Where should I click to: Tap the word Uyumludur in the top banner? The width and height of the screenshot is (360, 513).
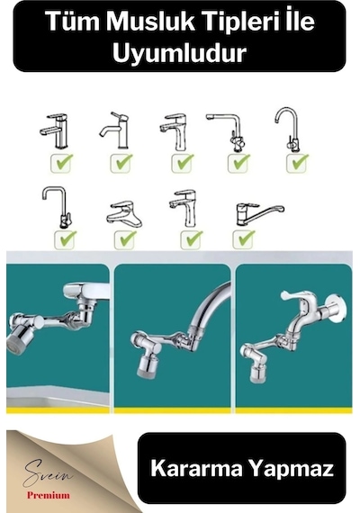click(x=179, y=53)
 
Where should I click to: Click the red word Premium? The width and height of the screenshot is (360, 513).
click(x=49, y=495)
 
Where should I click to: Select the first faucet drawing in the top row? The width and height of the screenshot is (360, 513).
click(x=54, y=130)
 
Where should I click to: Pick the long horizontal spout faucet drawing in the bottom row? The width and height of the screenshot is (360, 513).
click(x=259, y=213)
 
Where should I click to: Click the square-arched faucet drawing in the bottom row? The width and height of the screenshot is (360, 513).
click(x=57, y=207)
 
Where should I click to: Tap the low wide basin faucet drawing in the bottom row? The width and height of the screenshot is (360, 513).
click(x=124, y=214)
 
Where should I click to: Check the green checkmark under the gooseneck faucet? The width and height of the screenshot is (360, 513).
click(x=298, y=163)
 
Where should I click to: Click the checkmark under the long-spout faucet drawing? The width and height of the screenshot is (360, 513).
click(x=244, y=238)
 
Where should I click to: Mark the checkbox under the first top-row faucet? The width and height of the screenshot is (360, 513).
click(x=62, y=163)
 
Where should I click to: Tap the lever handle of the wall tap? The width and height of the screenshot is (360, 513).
click(x=294, y=295)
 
